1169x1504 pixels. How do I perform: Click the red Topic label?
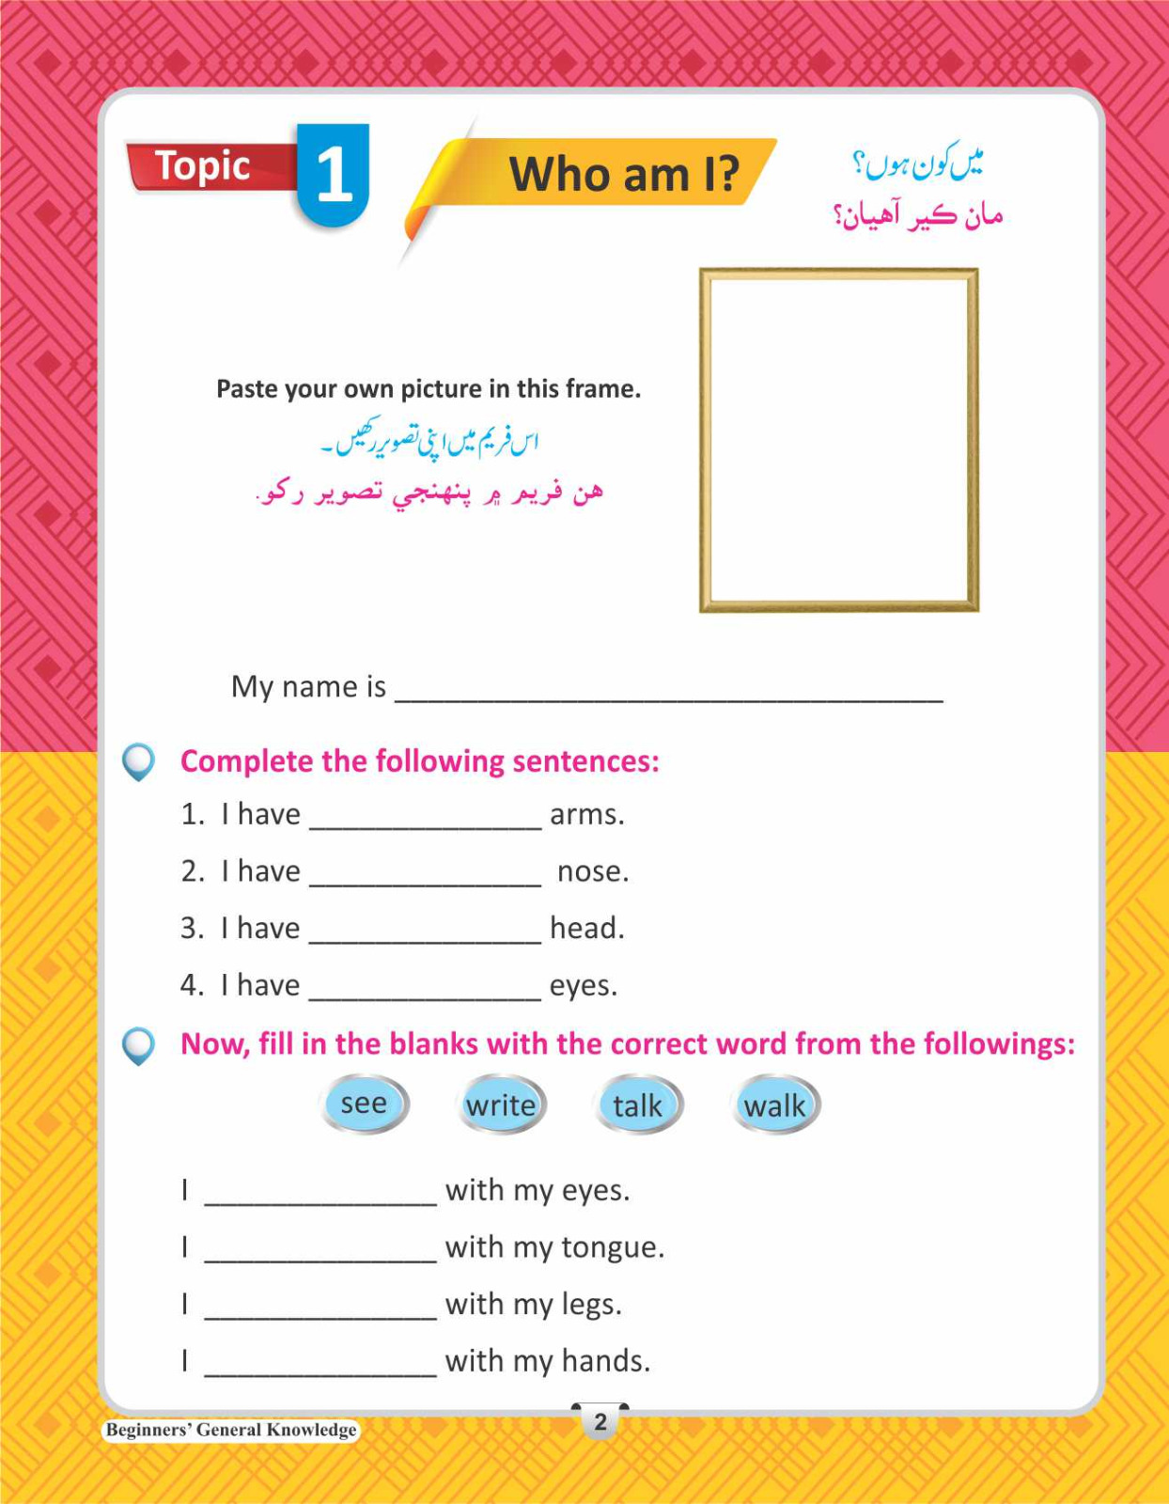tap(203, 166)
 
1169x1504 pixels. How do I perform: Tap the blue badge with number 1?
tap(334, 175)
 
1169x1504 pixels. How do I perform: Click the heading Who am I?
tap(623, 174)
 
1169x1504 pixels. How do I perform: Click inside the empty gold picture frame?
tap(838, 440)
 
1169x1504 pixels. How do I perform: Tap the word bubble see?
tap(364, 1104)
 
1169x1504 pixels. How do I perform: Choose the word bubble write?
tap(501, 1104)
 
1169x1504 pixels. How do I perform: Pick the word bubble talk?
tap(638, 1105)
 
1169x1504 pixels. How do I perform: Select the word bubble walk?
tap(774, 1105)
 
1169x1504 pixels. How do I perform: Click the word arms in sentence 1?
tap(586, 814)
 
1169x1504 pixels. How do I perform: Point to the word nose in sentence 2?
tap(592, 871)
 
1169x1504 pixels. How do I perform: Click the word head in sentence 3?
tap(586, 928)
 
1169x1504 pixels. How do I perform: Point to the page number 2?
tap(600, 1421)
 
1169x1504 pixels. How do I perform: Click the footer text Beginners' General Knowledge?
tap(231, 1430)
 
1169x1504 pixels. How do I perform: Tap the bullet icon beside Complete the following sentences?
tap(139, 761)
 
